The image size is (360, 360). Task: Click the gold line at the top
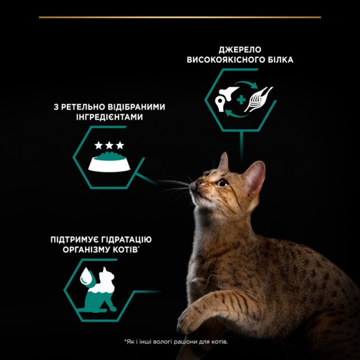(x=180, y=17)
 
